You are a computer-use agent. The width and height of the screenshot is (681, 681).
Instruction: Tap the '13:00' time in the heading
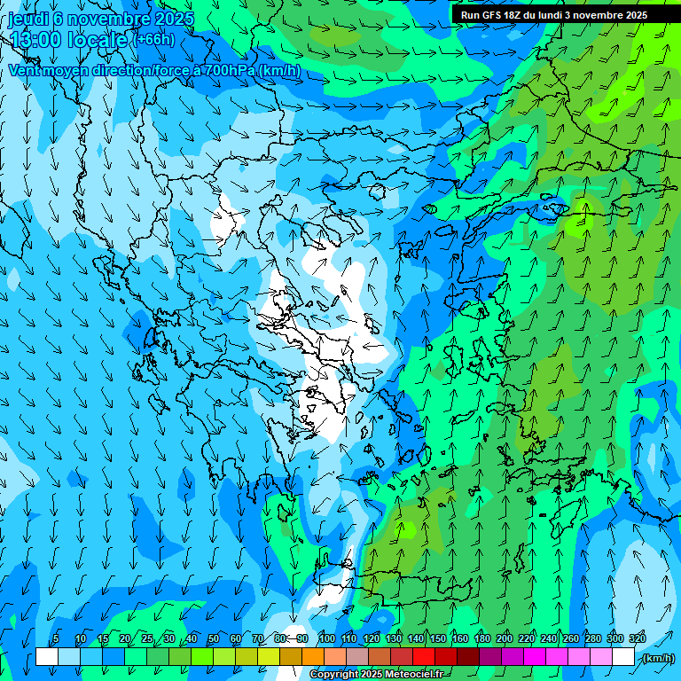pyautogui.click(x=35, y=39)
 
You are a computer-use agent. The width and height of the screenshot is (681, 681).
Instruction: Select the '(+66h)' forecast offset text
pyautogui.click(x=153, y=39)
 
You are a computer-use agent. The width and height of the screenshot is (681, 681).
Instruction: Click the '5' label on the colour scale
pyautogui.click(x=56, y=639)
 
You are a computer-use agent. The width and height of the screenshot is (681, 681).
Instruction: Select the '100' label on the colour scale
pyautogui.click(x=326, y=639)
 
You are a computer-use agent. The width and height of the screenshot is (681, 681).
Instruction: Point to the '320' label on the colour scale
pyautogui.click(x=637, y=639)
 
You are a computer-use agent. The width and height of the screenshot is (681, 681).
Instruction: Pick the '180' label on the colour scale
pyautogui.click(x=481, y=639)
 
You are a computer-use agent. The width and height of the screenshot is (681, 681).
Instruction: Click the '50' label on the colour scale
pyautogui.click(x=214, y=639)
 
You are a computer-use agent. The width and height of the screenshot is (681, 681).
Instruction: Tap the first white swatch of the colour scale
pyautogui.click(x=47, y=657)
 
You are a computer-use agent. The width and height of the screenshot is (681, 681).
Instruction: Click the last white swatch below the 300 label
pyautogui.click(x=623, y=657)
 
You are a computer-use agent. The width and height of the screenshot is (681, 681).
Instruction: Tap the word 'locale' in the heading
pyautogui.click(x=97, y=39)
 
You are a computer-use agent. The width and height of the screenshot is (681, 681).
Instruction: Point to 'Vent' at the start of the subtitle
pyautogui.click(x=25, y=70)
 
